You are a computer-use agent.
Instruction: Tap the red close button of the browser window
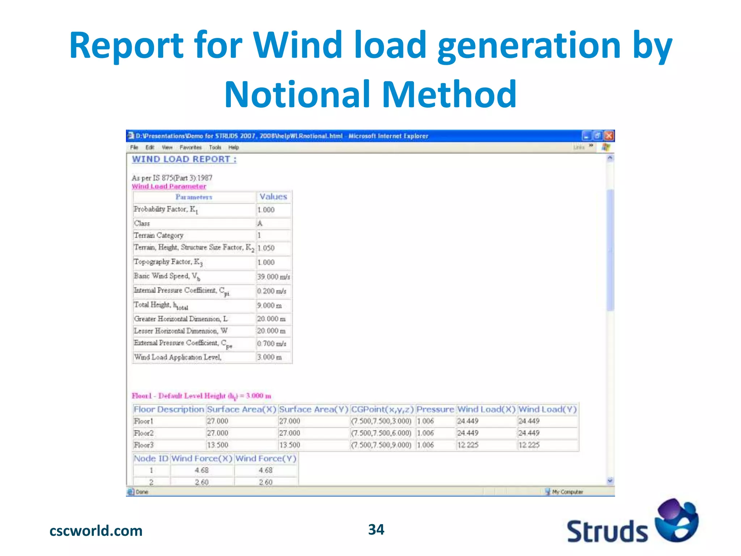pyautogui.click(x=609, y=136)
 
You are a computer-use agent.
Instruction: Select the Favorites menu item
pyautogui.click(x=190, y=147)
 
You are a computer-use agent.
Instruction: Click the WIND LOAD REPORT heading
pyautogui.click(x=184, y=159)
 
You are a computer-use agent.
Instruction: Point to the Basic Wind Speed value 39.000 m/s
pyautogui.click(x=274, y=277)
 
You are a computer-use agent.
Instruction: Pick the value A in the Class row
pyautogui.click(x=260, y=223)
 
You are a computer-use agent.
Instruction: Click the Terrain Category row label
pyautogui.click(x=158, y=235)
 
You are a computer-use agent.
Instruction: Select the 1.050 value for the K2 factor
pyautogui.click(x=266, y=248)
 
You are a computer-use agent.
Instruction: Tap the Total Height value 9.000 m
pyautogui.click(x=269, y=306)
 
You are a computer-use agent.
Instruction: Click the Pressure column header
pyautogui.click(x=435, y=409)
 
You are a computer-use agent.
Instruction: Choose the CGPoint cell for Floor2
pyautogui.click(x=381, y=433)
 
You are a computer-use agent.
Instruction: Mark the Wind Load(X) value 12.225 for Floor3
pyautogui.click(x=468, y=445)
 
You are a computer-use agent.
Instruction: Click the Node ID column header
pyautogui.click(x=151, y=459)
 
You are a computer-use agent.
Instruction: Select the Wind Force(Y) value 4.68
pyautogui.click(x=266, y=470)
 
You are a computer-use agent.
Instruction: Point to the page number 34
pyautogui.click(x=376, y=530)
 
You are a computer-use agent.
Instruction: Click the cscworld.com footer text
pyautogui.click(x=96, y=531)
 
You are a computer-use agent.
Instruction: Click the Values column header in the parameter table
pyautogui.click(x=273, y=197)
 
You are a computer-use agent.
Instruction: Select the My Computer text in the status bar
pyautogui.click(x=567, y=492)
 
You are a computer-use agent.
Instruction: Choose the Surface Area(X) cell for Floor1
pyautogui.click(x=217, y=421)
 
